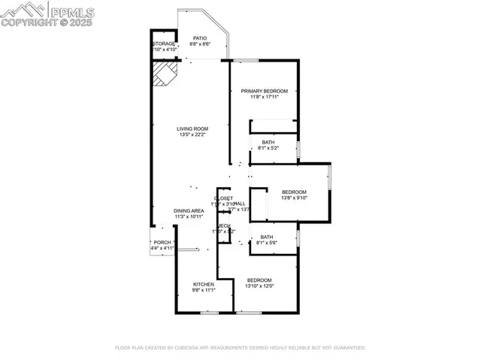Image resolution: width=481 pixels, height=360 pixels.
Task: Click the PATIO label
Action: point(199,38)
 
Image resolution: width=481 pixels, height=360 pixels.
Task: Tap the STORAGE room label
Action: point(164,44)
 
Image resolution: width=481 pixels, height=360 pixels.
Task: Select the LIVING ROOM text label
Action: point(192,129)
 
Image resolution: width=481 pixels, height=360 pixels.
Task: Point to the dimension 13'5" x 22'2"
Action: point(192,135)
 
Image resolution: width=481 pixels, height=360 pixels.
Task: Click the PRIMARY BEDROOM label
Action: point(264,90)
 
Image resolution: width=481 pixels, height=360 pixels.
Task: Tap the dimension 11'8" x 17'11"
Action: point(264,97)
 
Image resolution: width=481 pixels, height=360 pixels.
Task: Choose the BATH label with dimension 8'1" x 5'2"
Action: point(268,142)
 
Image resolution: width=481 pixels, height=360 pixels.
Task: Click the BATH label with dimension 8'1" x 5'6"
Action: point(268,237)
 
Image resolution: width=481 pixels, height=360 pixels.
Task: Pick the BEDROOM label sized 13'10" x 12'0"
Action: point(259,280)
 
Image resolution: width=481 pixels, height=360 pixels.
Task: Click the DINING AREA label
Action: point(189,210)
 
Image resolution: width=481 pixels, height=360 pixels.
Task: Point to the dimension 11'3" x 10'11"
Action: point(189,216)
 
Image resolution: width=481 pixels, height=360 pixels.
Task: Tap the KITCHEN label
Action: point(203,284)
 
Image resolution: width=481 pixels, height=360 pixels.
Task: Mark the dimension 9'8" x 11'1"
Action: point(203,290)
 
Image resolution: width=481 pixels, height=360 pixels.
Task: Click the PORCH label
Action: point(162,242)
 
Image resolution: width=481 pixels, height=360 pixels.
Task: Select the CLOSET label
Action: point(223,198)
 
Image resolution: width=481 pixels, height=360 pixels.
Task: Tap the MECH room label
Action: point(224,226)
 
